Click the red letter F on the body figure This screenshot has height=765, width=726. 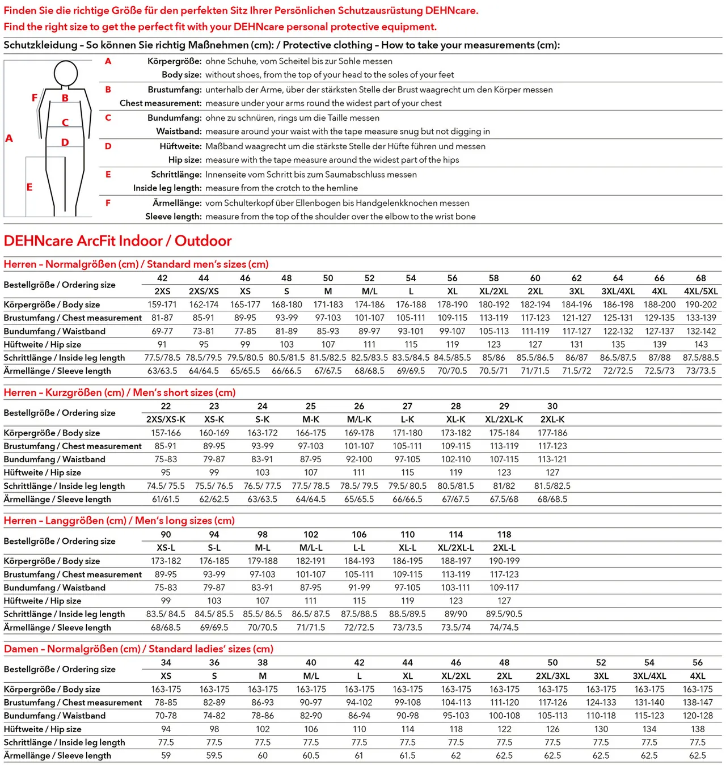[35, 98]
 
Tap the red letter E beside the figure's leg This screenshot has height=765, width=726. [29, 187]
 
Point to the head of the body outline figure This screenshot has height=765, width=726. [66, 74]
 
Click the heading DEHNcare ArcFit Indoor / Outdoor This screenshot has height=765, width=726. [117, 241]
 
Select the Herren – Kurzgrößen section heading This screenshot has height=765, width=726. [119, 392]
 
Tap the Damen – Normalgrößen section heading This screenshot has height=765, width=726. [138, 649]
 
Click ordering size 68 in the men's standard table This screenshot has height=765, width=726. [701, 278]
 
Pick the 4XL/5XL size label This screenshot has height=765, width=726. [701, 291]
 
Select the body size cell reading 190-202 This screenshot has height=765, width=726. [701, 305]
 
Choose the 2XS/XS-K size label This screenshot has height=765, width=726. [166, 420]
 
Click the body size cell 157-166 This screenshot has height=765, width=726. [166, 433]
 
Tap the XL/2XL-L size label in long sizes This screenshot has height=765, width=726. [456, 548]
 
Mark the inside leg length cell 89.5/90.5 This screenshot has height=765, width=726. [504, 614]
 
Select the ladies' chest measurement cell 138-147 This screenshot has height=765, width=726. [698, 703]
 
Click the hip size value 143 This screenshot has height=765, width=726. [701, 344]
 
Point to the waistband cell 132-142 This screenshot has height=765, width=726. [701, 331]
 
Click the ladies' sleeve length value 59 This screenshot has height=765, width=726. [166, 755]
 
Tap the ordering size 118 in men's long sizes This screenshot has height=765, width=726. [504, 534]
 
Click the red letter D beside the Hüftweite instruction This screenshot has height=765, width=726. [108, 146]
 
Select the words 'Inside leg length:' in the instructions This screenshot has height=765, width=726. [167, 188]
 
